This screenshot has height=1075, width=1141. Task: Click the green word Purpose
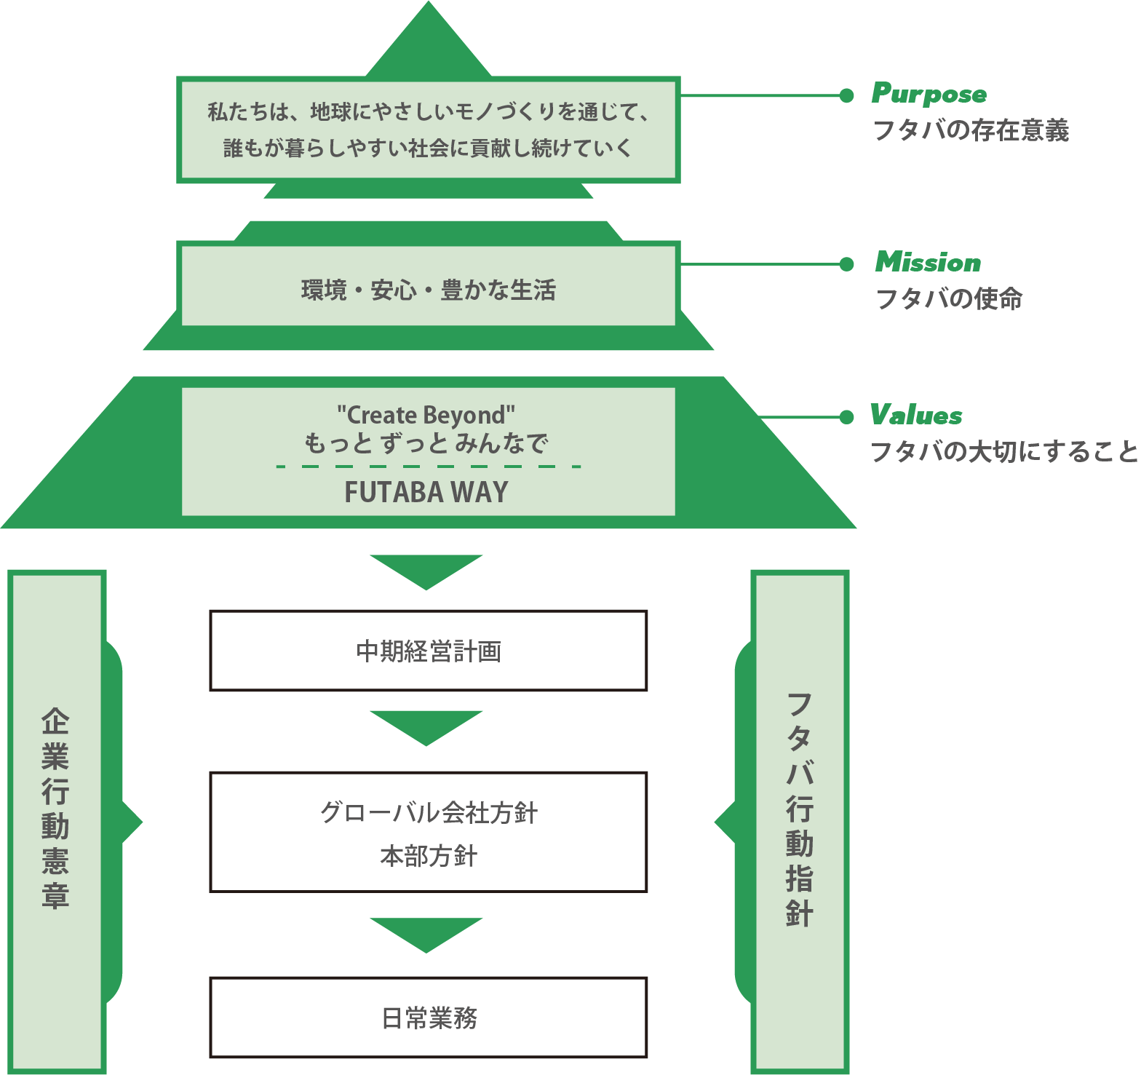click(x=929, y=94)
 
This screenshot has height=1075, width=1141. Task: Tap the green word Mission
click(x=929, y=262)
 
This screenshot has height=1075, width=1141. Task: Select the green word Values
click(x=916, y=415)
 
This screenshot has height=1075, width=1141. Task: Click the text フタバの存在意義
click(x=971, y=130)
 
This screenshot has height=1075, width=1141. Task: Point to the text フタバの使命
click(x=949, y=298)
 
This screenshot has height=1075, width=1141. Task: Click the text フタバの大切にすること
click(x=1004, y=451)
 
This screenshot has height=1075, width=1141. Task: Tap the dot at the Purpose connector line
click(x=846, y=95)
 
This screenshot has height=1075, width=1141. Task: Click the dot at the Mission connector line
click(x=846, y=264)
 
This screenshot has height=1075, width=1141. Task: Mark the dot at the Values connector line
click(x=846, y=417)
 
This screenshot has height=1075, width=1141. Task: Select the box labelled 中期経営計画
click(x=429, y=651)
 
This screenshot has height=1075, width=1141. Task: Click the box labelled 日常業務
click(x=429, y=1018)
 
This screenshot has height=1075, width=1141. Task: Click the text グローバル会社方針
click(x=429, y=812)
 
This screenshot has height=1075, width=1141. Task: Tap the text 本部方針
click(x=429, y=856)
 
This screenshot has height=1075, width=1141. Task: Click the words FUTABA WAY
click(x=426, y=493)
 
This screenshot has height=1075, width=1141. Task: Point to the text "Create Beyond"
click(x=426, y=415)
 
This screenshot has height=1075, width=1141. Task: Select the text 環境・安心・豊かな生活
click(x=429, y=290)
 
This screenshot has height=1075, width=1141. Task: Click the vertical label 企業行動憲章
click(x=55, y=808)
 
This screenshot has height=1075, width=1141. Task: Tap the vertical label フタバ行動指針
click(x=800, y=808)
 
